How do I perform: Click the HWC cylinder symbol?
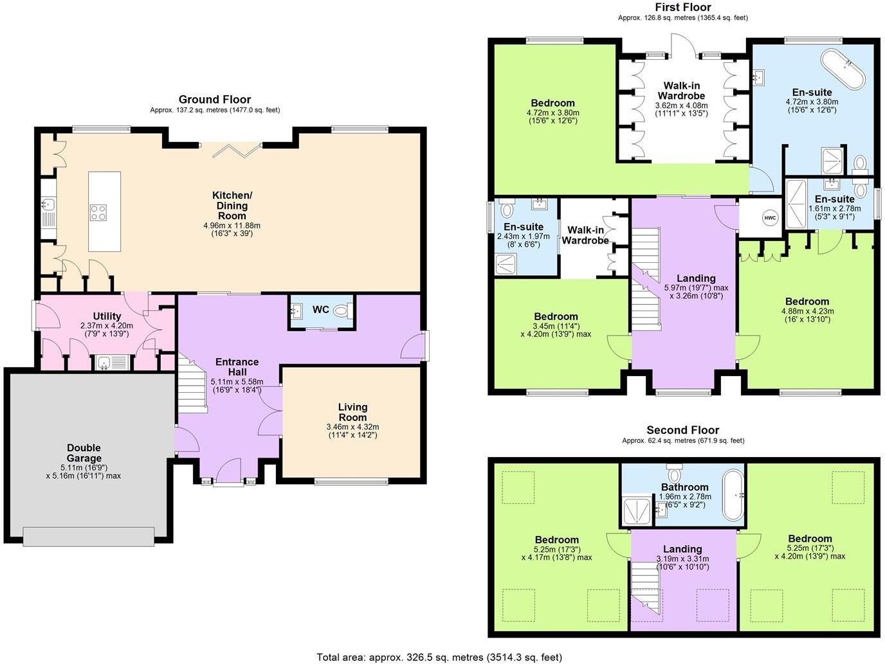(x=770, y=218)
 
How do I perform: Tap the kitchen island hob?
(x=99, y=212)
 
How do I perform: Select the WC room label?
(x=321, y=309)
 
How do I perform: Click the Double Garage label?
(x=84, y=453)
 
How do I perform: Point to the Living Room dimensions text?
(x=352, y=431)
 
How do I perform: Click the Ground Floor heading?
(x=214, y=100)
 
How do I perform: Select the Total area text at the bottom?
(x=439, y=657)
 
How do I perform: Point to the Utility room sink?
(x=104, y=363)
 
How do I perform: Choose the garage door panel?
(x=88, y=537)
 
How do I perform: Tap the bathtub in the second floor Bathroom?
(x=733, y=495)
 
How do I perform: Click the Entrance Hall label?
(x=237, y=366)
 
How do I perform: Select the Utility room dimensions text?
(x=107, y=330)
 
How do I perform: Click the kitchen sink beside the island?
(x=48, y=204)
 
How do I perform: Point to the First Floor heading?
(x=682, y=7)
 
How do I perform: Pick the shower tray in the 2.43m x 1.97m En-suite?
(x=506, y=264)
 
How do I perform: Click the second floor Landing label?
(x=682, y=549)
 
